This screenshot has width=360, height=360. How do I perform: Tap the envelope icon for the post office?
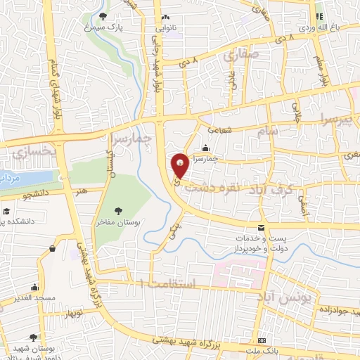pos(262,228)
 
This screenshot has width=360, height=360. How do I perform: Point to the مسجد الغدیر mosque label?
pos(34,299)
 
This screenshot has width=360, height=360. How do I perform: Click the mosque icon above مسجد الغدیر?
pos(34,287)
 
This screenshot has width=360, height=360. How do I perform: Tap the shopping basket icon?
pos(53,249)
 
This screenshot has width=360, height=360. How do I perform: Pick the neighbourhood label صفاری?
pos(241,55)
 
